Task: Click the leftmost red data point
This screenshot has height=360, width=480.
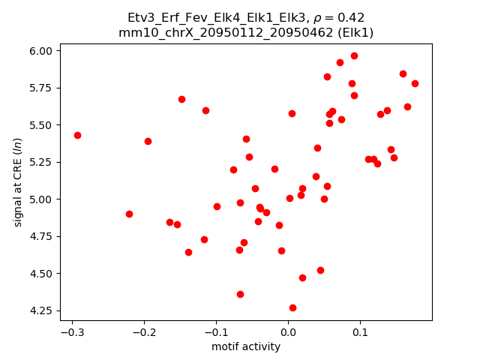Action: click(77, 135)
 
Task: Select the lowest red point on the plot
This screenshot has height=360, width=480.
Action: click(292, 307)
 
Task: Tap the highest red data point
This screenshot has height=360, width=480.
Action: click(354, 55)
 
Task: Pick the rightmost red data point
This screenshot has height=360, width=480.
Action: click(415, 83)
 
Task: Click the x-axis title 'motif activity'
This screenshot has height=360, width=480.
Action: click(246, 346)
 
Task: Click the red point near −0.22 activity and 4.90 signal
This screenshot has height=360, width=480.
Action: click(129, 214)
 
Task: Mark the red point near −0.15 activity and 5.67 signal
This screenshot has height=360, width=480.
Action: click(181, 99)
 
